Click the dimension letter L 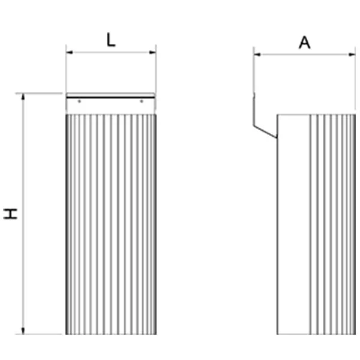pos(111,40)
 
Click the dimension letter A pos(304,43)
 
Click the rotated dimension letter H pos(10,214)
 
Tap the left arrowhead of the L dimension pos(70,52)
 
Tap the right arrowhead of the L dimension pos(152,52)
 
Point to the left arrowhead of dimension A pos(257,55)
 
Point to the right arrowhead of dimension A pos(352,55)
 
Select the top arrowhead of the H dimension pos(23,97)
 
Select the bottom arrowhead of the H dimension pos(23,331)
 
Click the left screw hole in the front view pos(79,101)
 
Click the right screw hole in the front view pos(142,101)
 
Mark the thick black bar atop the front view pos(110,98)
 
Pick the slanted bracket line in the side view pos(265,132)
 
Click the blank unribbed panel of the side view pos(293,224)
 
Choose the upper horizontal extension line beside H pos(39,94)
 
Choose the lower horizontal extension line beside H pos(39,334)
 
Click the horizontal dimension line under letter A pos(305,55)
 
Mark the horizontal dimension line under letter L pos(111,52)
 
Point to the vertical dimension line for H pos(23,214)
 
